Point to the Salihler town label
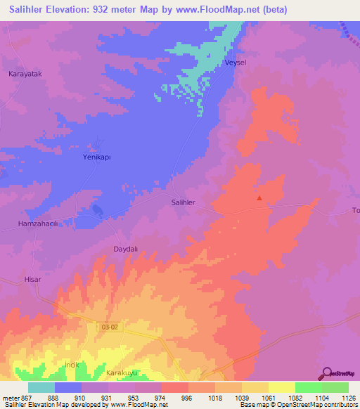(x=183, y=202)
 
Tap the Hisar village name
(x=33, y=279)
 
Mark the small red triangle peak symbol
(x=259, y=198)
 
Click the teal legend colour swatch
(x=41, y=387)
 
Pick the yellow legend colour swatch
(x=282, y=387)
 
